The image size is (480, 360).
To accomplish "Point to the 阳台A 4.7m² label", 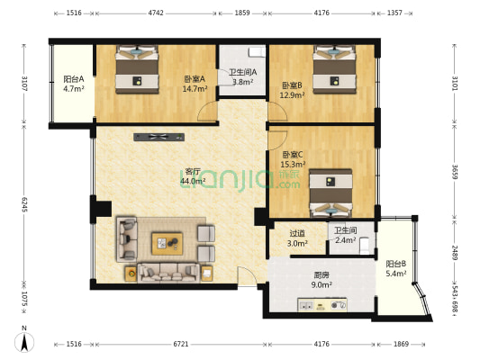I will click(x=74, y=84).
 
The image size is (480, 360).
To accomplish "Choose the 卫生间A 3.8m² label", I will click(x=242, y=76).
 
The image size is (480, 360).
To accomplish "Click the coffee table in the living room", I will click(x=167, y=241).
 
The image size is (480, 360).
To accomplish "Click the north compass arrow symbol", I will click(x=25, y=342).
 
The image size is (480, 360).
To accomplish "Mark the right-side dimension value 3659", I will click(x=455, y=171).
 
